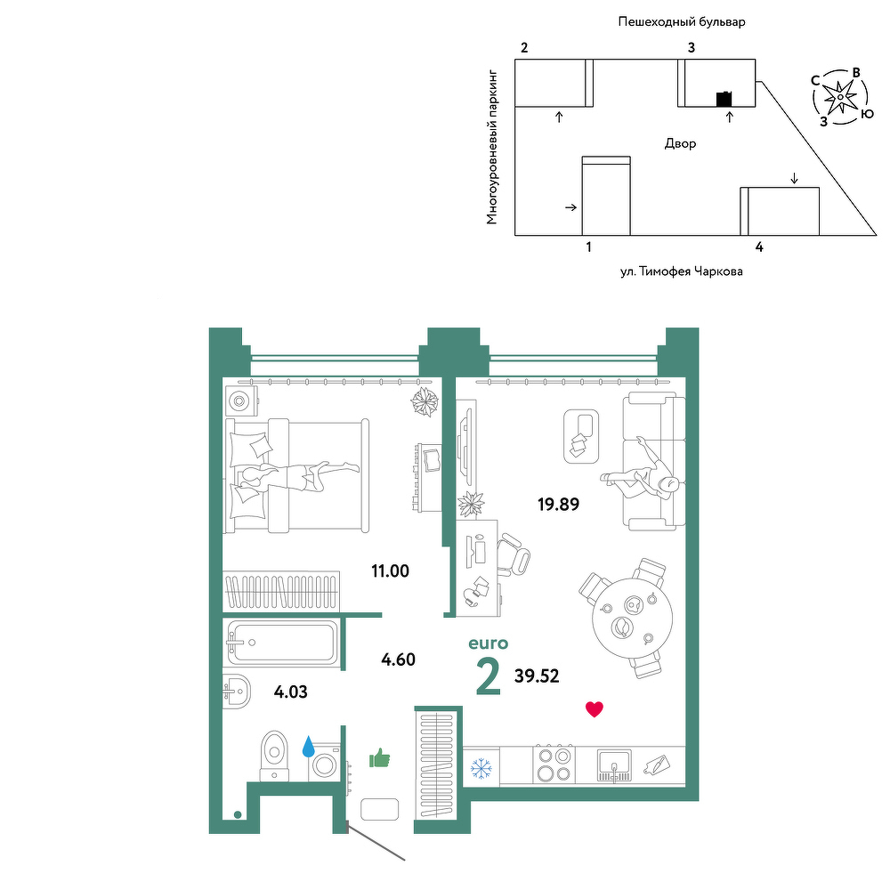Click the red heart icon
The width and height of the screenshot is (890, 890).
point(595,709)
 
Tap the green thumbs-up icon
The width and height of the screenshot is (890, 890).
point(380,757)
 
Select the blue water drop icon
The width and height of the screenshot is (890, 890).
point(308,747)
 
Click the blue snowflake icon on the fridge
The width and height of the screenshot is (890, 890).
point(481,769)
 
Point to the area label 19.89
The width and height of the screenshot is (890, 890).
point(559,504)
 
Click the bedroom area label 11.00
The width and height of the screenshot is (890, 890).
point(390,571)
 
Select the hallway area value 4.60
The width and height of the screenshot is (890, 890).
point(398,659)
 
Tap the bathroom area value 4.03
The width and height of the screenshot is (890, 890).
point(291,692)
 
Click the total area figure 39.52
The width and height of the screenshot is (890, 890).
point(537,676)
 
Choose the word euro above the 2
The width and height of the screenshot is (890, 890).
point(488,643)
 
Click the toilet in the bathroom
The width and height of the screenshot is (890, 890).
point(275,756)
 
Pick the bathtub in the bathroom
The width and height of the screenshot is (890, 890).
point(282,643)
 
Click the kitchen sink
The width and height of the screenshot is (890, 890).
point(614,765)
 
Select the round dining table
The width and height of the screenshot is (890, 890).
point(632,618)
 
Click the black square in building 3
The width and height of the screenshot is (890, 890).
point(724,100)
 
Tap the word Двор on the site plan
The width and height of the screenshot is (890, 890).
point(680,143)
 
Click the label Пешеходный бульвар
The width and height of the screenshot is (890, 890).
point(682,22)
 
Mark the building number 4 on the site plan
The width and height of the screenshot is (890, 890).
point(759,247)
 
